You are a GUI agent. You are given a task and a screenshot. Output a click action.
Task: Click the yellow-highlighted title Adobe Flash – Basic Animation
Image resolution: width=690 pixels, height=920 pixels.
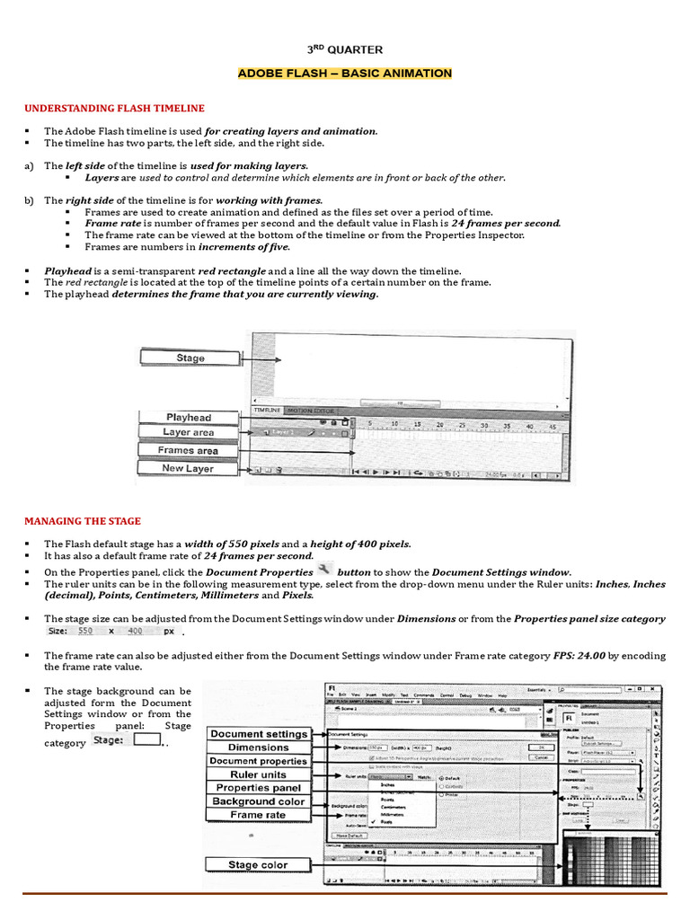[x=345, y=73]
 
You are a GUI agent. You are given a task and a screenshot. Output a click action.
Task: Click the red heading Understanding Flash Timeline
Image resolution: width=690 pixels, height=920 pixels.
[x=114, y=109]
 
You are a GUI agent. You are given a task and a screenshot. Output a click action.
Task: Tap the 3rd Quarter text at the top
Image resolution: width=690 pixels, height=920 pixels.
[x=345, y=50]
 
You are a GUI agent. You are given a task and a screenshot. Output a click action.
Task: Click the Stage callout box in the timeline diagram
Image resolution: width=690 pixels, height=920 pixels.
[x=190, y=358]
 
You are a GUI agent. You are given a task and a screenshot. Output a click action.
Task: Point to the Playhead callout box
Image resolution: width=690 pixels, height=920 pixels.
[x=188, y=418]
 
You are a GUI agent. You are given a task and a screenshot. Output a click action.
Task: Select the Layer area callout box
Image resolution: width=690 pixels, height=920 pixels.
[x=188, y=433]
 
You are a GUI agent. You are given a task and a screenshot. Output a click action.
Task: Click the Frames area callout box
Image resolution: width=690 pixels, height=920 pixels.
[x=188, y=450]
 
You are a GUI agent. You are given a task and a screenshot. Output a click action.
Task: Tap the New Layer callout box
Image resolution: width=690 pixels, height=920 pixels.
[x=188, y=468]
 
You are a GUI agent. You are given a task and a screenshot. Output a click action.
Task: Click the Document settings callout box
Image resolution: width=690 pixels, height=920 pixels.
[x=258, y=734]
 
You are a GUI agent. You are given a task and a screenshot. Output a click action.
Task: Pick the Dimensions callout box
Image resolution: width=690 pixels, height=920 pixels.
[x=258, y=747]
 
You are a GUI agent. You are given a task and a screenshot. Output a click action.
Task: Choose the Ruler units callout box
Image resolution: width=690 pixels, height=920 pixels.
[x=258, y=774]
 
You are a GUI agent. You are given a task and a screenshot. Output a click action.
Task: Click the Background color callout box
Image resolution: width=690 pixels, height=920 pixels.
[x=258, y=801]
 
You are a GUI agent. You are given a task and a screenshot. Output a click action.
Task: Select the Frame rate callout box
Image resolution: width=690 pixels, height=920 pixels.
[x=258, y=815]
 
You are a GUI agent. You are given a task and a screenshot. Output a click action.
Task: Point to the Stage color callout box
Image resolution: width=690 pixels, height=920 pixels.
[x=258, y=865]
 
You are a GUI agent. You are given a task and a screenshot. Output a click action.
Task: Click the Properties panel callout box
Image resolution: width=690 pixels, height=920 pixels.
[x=258, y=788]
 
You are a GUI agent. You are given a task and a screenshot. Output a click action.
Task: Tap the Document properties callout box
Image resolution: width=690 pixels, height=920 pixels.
[x=258, y=761]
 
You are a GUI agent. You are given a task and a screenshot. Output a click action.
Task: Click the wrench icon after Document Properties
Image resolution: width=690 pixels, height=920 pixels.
[x=323, y=571]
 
